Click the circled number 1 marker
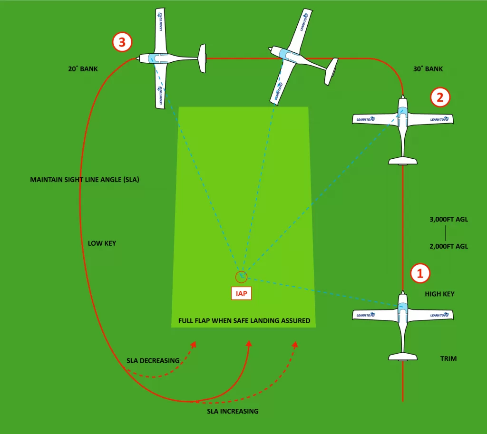tap(420, 273)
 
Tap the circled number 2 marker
tap(440, 97)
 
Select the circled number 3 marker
tap(122, 42)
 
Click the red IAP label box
tap(242, 294)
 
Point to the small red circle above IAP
tap(242, 277)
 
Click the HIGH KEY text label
tap(439, 294)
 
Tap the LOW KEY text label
tap(102, 243)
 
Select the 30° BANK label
tap(428, 69)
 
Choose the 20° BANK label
tap(83, 69)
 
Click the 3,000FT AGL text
tap(448, 221)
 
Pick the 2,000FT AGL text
tap(448, 246)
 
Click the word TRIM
tap(448, 358)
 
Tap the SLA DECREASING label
tap(153, 360)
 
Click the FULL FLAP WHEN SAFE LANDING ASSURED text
tap(244, 321)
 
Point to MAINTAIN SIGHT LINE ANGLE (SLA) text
tap(84, 180)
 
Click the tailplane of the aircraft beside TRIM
tap(403, 357)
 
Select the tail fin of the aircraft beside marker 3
tap(202, 58)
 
